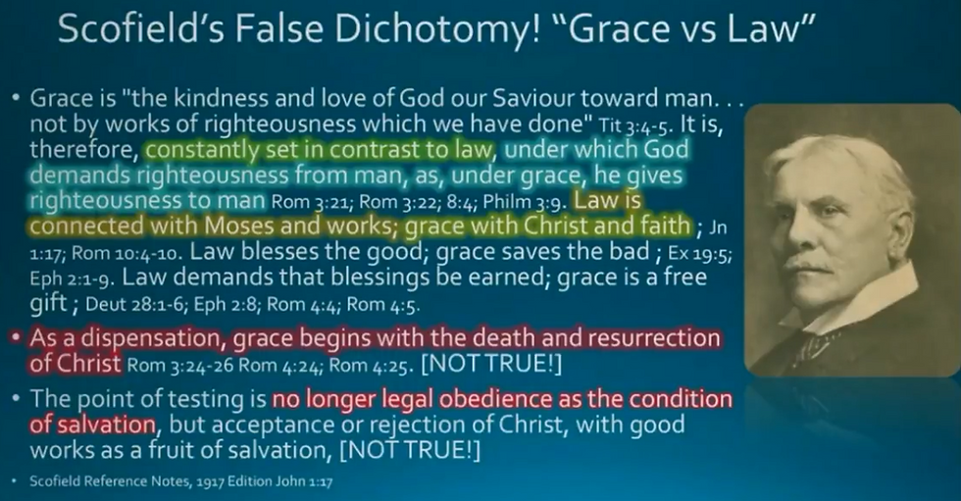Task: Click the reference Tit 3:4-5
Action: (x=635, y=125)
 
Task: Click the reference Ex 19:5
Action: (x=699, y=253)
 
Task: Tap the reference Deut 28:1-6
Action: (x=136, y=304)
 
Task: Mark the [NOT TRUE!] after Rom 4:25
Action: (x=491, y=365)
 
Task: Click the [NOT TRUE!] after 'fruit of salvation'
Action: (x=410, y=451)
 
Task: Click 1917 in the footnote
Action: (x=210, y=481)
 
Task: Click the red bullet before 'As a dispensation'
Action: (x=17, y=337)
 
